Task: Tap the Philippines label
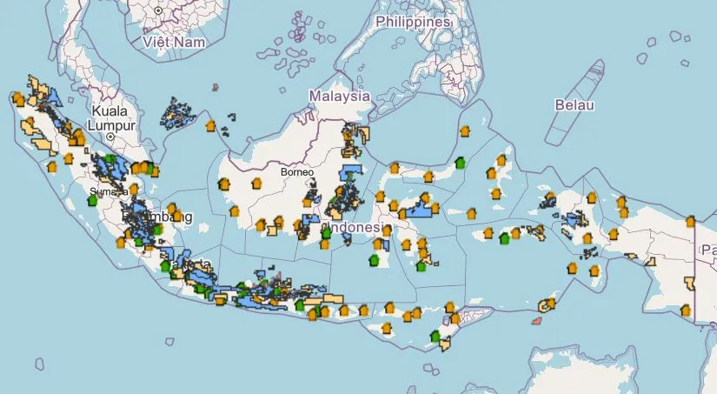click(413, 22)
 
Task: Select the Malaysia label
click(341, 96)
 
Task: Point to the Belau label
click(574, 104)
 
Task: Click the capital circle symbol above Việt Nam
click(158, 11)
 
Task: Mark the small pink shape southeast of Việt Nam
click(215, 87)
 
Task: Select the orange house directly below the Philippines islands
click(463, 130)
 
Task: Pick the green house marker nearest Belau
click(460, 163)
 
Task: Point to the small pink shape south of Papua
click(536, 321)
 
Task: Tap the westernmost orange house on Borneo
click(222, 184)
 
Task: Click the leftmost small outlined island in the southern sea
click(39, 364)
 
